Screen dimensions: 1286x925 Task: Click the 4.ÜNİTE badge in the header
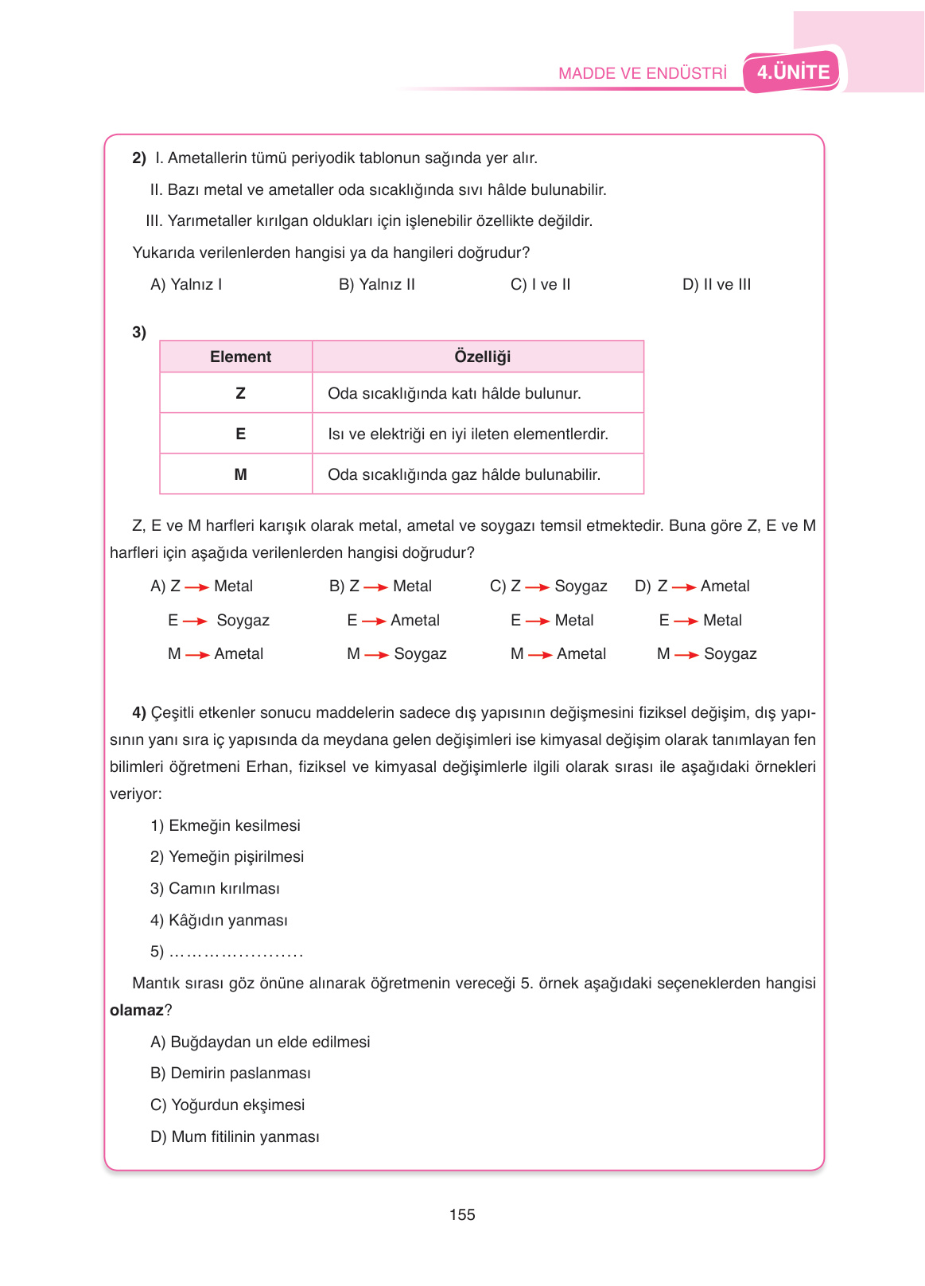point(792,72)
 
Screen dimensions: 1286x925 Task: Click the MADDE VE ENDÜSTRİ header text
point(642,73)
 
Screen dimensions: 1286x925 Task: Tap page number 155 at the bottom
point(462,1214)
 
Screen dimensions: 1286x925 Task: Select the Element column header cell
point(240,357)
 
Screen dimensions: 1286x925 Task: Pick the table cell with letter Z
point(240,393)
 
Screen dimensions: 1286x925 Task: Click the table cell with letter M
point(240,474)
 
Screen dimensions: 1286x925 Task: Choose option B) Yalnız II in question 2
point(376,284)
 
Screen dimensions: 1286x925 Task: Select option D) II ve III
point(716,284)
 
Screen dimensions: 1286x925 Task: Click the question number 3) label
point(139,332)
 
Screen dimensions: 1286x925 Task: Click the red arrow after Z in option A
point(196,587)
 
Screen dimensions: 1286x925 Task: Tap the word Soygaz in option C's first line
point(581,586)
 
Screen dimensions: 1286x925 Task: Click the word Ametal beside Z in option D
point(725,586)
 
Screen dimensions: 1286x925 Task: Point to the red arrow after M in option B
point(376,655)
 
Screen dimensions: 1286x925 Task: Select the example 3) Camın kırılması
point(215,888)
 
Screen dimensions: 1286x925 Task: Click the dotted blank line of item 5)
point(235,953)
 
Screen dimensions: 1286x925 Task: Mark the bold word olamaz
point(136,1010)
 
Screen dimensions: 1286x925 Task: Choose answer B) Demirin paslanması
point(231,1073)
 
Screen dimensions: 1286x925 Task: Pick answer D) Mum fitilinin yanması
point(235,1136)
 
